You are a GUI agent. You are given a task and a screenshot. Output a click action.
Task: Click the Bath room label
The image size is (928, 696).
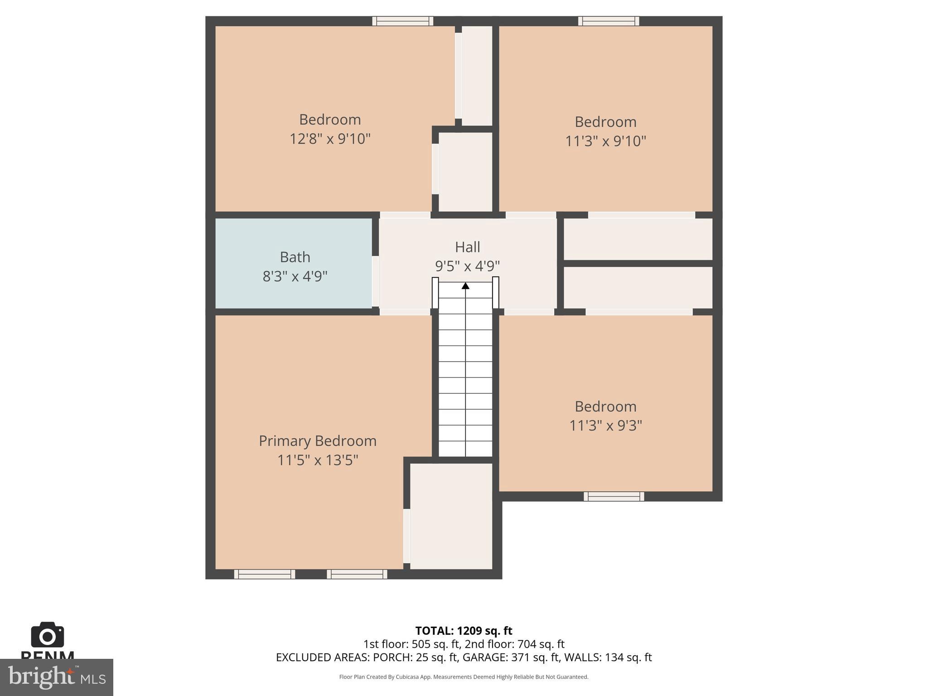[295, 257]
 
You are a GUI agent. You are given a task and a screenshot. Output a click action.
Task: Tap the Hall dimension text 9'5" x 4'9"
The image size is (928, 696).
[467, 266]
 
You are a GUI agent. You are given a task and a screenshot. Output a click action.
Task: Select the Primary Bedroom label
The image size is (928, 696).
[317, 441]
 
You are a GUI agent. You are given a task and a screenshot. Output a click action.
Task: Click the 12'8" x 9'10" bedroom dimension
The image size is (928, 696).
[330, 139]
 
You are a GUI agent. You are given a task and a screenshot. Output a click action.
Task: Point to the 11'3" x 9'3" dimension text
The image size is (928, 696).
[605, 425]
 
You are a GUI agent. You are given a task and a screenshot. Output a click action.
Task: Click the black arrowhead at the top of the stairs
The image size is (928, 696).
[465, 285]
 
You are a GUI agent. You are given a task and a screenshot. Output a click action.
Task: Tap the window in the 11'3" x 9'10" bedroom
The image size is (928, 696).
[609, 21]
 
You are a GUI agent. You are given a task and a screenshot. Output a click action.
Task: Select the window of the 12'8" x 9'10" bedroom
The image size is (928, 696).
[403, 21]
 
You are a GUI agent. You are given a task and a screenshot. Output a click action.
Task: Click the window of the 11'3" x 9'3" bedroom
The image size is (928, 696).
[614, 496]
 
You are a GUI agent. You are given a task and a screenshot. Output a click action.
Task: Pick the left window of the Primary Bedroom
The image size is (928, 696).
[265, 574]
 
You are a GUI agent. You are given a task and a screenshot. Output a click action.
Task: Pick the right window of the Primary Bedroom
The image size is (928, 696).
[357, 574]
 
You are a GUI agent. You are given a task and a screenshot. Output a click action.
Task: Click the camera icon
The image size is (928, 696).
[47, 635]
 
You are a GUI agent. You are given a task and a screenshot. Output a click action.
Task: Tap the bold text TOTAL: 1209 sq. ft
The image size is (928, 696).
[464, 631]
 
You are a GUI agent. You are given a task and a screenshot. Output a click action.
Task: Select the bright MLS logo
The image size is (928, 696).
[56, 677]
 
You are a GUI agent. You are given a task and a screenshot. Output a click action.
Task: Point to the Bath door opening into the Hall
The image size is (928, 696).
[375, 281]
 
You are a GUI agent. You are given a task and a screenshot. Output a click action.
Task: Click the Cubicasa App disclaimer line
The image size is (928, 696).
[464, 677]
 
